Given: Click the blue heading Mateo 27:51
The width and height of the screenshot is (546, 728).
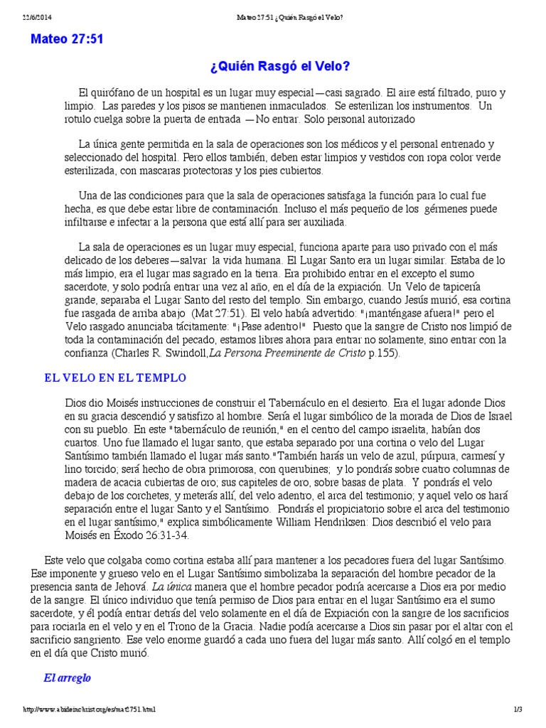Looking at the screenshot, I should (67, 39).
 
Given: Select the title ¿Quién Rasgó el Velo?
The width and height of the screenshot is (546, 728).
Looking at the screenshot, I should (280, 67).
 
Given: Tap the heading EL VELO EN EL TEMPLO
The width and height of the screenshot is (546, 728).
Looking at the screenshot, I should (115, 378).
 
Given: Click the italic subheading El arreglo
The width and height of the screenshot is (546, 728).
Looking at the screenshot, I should (67, 678).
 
